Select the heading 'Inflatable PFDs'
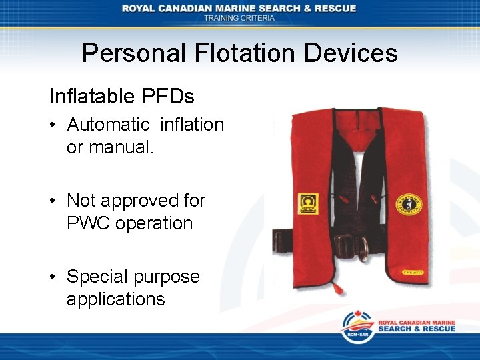pos(121,97)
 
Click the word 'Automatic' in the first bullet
pos(109,125)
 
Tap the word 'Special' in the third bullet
pos(100,277)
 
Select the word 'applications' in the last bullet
pos(115,299)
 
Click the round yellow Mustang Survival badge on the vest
pos(407,204)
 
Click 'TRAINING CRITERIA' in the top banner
pos(239,18)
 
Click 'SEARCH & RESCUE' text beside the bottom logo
pos(417,329)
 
